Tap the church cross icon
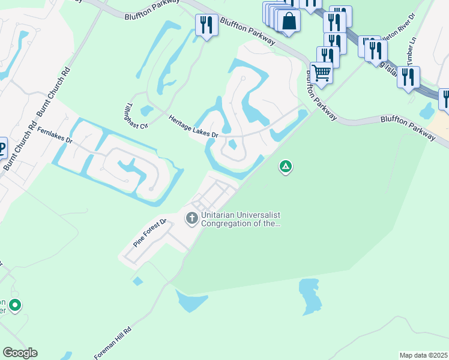point(192,218)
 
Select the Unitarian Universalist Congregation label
point(241,220)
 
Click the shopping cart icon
point(322,73)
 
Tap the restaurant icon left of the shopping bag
point(206,25)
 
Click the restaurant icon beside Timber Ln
point(408,76)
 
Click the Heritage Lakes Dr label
point(193,127)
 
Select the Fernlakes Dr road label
point(54,135)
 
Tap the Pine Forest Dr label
point(148,233)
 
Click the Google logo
point(20,353)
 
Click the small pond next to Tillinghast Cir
point(146,111)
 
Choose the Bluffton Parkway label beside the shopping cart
point(319,95)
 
